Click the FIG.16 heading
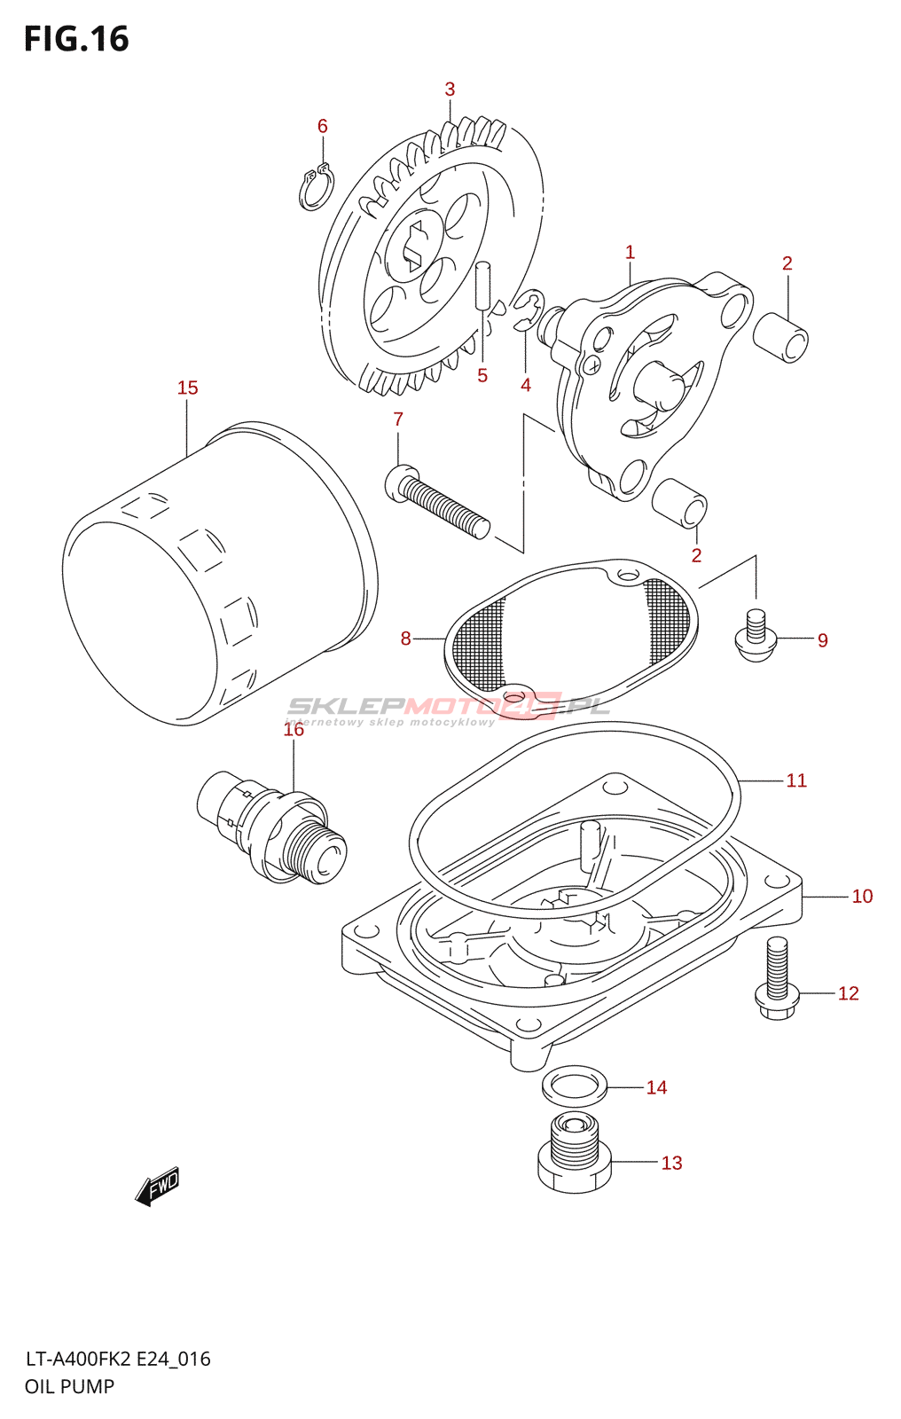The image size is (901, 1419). pyautogui.click(x=76, y=40)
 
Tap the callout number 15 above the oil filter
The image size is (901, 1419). pyautogui.click(x=187, y=388)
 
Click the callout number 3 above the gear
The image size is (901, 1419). pyautogui.click(x=450, y=90)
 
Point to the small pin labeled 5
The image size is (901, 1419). pyautogui.click(x=482, y=285)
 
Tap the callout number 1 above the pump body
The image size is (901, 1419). pyautogui.click(x=630, y=253)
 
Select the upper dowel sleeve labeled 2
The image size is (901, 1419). pyautogui.click(x=781, y=337)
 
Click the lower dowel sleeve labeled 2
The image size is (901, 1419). pyautogui.click(x=680, y=503)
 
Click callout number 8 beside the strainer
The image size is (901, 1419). pyautogui.click(x=405, y=639)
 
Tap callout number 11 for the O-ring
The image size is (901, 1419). pyautogui.click(x=796, y=780)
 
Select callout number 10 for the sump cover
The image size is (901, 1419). pyautogui.click(x=862, y=897)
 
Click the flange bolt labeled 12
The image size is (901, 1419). pyautogui.click(x=776, y=979)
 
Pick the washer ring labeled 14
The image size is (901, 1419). pyautogui.click(x=575, y=1085)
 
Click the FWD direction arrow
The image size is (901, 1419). pyautogui.click(x=158, y=1186)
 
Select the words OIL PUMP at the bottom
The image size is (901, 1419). pyautogui.click(x=69, y=1387)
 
